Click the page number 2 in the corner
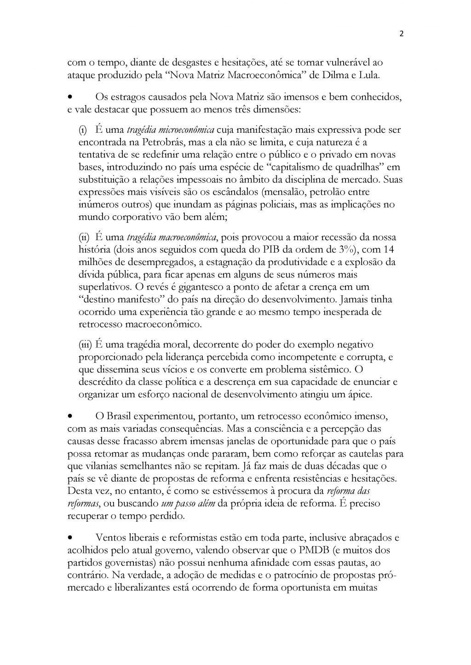402,34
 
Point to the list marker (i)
85,130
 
